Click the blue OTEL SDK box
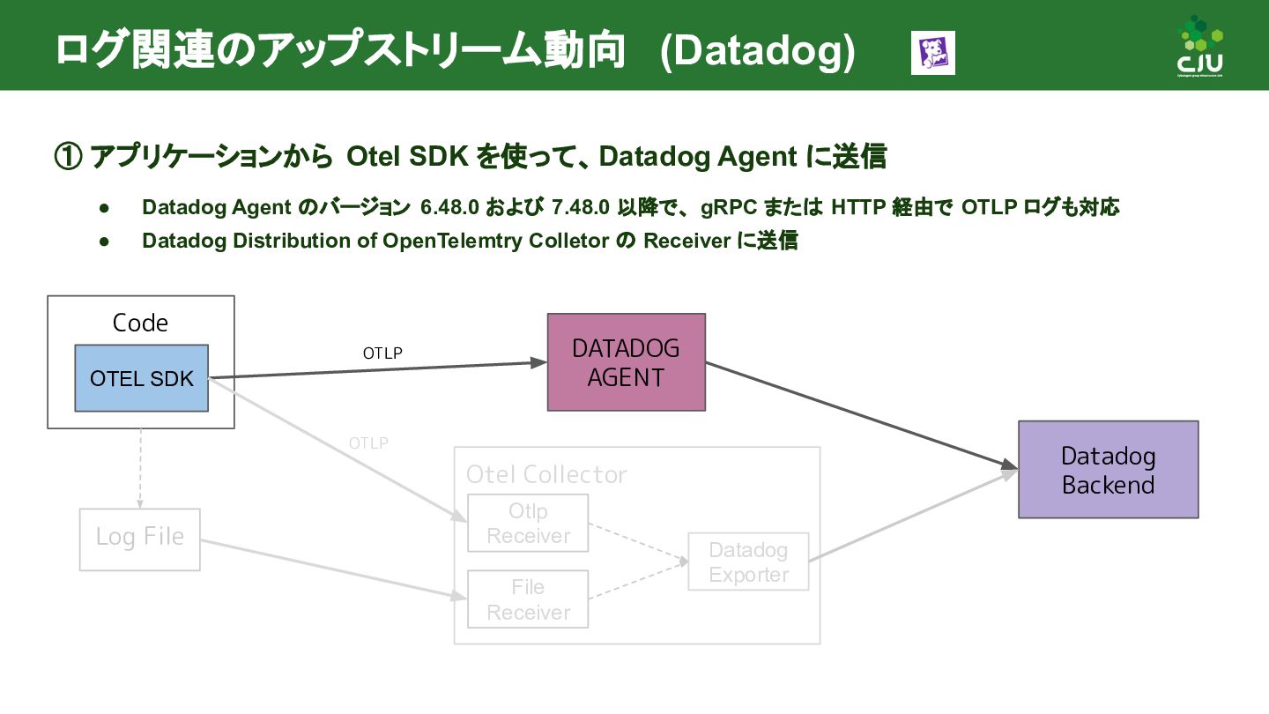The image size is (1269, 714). coord(141,378)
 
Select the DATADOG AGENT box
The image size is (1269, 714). coord(626,362)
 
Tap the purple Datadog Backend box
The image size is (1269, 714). coord(1108,470)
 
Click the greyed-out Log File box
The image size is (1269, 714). coord(140,537)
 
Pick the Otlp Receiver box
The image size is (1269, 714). coord(528,524)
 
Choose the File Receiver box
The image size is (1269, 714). coord(528,599)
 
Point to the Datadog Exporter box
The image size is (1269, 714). coord(748,562)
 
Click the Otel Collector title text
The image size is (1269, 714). coord(546,474)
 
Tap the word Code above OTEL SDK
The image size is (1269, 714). coord(140,323)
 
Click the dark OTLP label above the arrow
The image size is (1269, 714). coord(382,353)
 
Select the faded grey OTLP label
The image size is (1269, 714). coord(368,443)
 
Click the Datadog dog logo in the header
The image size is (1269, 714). coord(932,53)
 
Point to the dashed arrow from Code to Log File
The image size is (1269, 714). coord(140,467)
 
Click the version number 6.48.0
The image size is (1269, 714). coord(449,208)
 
